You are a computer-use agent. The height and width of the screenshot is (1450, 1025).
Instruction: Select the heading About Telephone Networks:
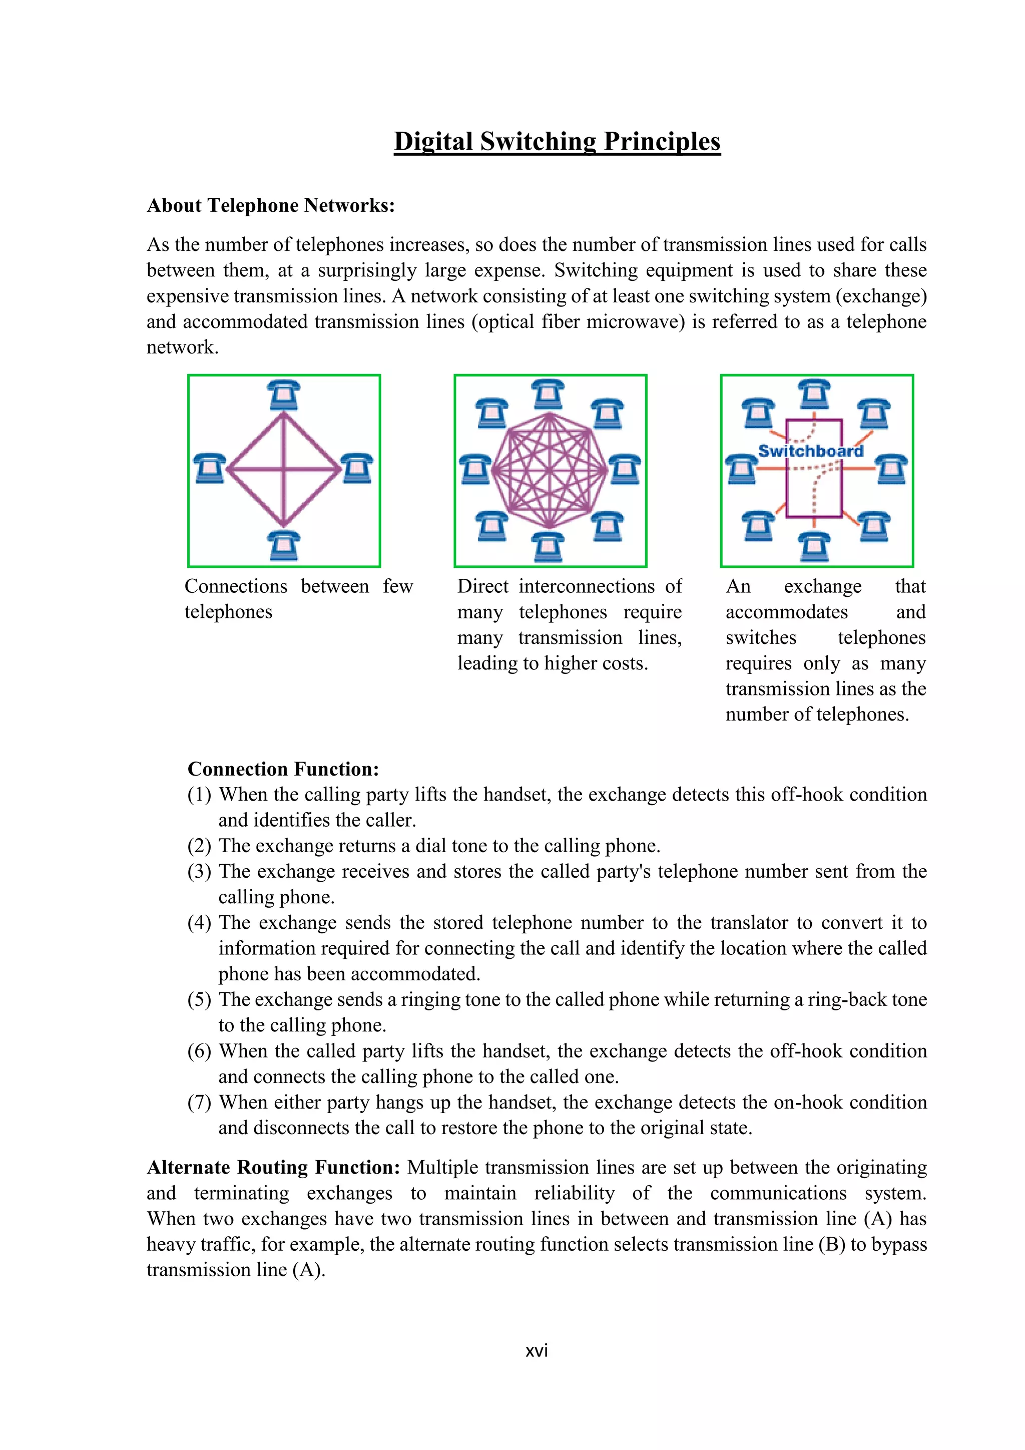(270, 206)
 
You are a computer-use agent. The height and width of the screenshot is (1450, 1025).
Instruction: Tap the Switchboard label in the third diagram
(810, 451)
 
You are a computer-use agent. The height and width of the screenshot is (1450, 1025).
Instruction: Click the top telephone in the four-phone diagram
(283, 396)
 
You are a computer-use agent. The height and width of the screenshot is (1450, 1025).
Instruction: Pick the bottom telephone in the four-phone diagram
(283, 546)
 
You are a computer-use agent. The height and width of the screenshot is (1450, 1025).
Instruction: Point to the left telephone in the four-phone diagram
(209, 469)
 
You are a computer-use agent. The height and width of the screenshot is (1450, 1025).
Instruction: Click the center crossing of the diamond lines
(284, 470)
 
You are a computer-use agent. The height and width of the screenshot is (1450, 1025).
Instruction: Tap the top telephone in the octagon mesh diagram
(548, 395)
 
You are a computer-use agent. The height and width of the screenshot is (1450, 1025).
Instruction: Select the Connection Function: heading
(283, 769)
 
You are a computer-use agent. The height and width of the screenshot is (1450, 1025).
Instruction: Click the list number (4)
(200, 923)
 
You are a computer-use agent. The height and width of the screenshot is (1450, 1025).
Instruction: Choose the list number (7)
(200, 1102)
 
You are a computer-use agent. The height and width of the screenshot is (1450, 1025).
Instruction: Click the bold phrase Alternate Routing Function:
(273, 1167)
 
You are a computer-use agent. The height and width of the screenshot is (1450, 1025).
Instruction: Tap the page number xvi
(537, 1350)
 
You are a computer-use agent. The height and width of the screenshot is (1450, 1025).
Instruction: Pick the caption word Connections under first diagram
(235, 587)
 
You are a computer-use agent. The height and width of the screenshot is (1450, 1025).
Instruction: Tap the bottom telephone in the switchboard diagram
(814, 546)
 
